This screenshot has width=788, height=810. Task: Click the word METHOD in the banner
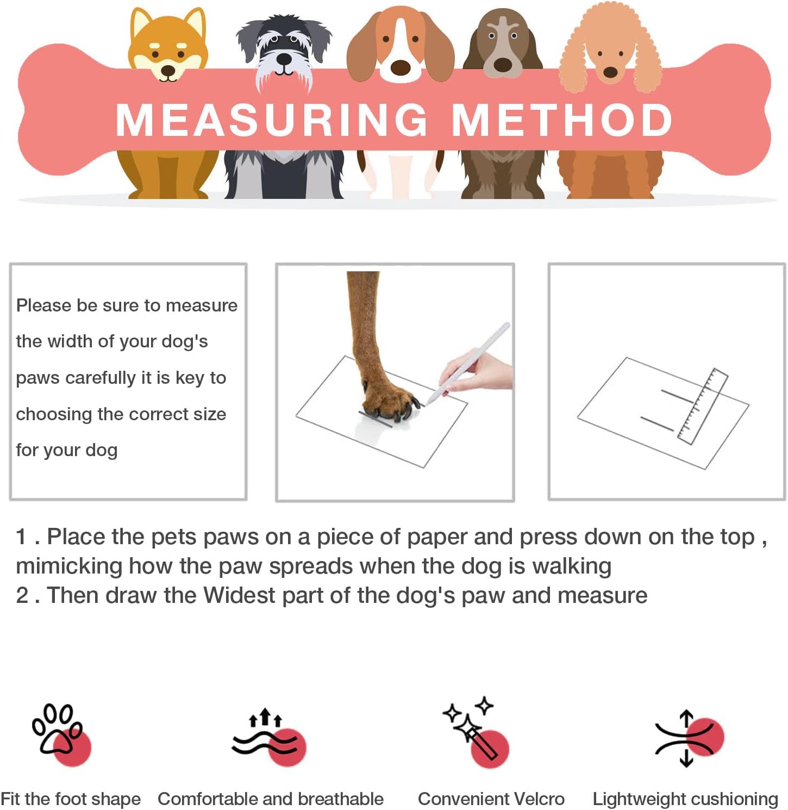[562, 120]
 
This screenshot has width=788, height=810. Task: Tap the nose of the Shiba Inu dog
[168, 70]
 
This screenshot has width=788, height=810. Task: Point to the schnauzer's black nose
[284, 58]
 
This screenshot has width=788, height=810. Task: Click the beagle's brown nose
[401, 67]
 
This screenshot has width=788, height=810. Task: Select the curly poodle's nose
[610, 72]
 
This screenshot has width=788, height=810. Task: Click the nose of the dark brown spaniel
[502, 65]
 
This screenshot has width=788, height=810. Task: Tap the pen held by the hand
[467, 363]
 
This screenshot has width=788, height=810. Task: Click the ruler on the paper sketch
[703, 406]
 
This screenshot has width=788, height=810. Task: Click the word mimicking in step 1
[69, 566]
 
